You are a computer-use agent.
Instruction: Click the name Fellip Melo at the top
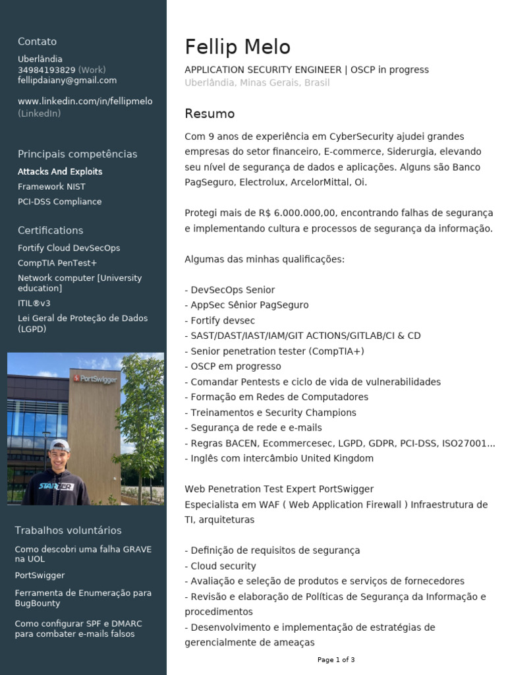(x=237, y=47)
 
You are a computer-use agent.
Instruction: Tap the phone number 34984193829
(x=46, y=70)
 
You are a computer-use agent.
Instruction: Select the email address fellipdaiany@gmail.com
(x=67, y=80)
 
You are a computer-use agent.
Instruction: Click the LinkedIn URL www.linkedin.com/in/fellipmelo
(x=85, y=102)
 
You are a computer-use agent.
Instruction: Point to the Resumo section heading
(x=210, y=114)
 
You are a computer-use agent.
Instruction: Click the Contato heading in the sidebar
(x=37, y=42)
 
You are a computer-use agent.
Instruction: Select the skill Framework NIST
(x=51, y=187)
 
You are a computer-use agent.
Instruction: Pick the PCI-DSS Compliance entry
(x=59, y=202)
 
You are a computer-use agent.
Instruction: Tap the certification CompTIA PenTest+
(x=57, y=263)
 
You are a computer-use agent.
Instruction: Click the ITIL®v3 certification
(x=34, y=303)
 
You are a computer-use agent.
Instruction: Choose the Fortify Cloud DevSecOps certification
(x=69, y=248)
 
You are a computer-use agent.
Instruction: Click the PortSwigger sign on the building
(x=95, y=378)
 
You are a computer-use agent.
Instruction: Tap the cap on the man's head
(x=59, y=446)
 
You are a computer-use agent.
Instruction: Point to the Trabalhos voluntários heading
(x=68, y=531)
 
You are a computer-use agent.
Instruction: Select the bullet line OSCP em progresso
(x=235, y=367)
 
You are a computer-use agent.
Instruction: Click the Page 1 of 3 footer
(x=336, y=660)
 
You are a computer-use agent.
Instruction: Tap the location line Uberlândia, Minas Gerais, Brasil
(x=257, y=83)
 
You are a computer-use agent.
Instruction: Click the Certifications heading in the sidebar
(x=50, y=231)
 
